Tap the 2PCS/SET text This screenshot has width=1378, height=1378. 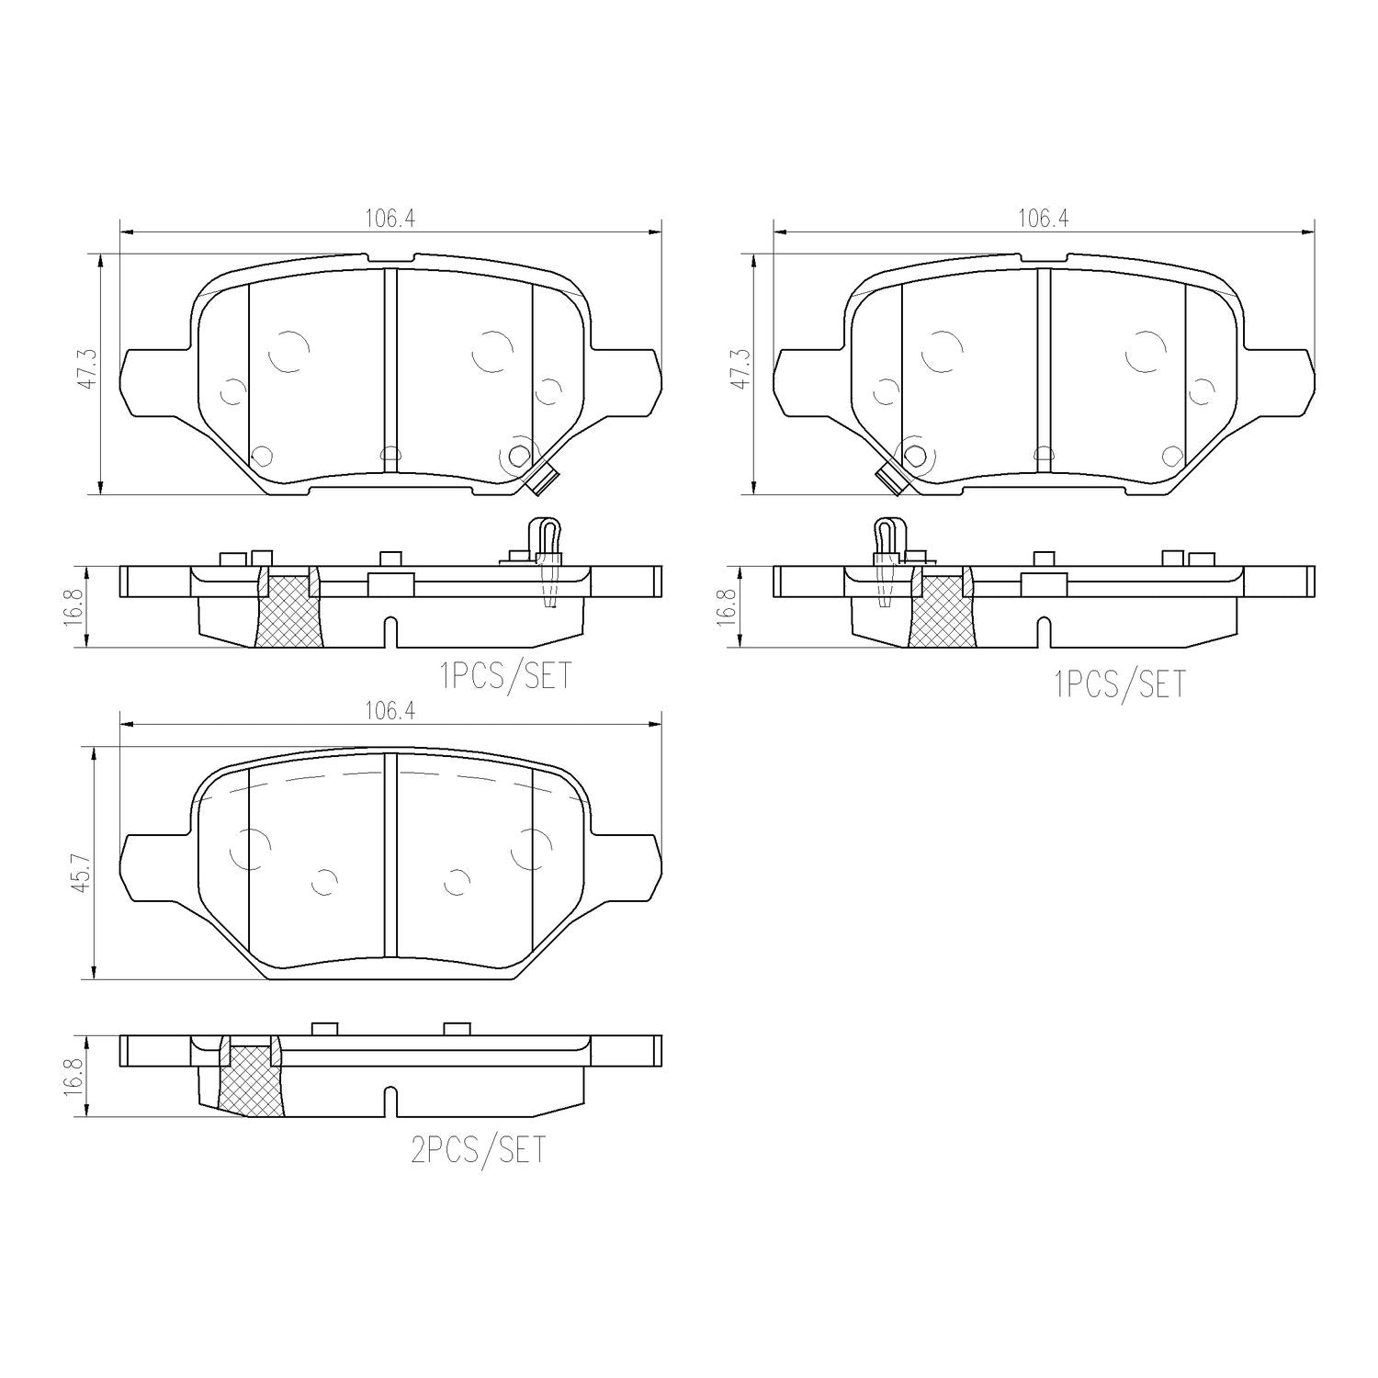(478, 1149)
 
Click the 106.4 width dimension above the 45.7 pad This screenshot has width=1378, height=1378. (390, 711)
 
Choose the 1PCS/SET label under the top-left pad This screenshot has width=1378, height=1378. (505, 675)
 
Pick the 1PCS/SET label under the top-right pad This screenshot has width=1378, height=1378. (1120, 684)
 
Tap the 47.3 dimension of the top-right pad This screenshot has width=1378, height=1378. (742, 371)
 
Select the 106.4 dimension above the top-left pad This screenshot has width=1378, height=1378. (390, 220)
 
